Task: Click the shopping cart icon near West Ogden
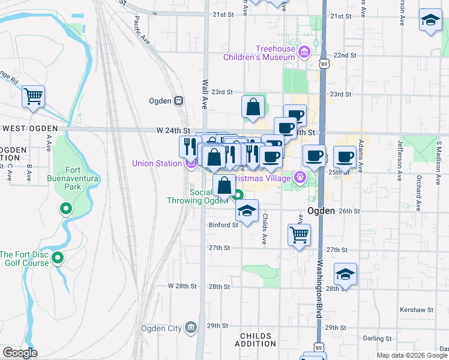tap(34, 96)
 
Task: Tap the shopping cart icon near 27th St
tap(299, 235)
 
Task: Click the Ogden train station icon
tap(178, 101)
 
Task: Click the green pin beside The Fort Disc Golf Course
tap(58, 259)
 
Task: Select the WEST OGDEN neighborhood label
tap(29, 128)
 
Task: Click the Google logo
tap(20, 353)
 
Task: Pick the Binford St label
tap(223, 225)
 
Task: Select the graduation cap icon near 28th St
tap(345, 274)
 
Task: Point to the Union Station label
tap(157, 163)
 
